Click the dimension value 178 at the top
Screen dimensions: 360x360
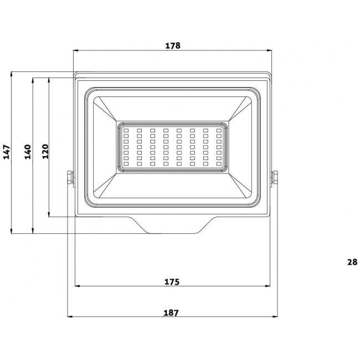point(173,46)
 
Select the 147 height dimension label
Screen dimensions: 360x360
point(7,152)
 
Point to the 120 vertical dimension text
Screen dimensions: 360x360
point(45,151)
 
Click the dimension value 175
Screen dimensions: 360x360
point(172,282)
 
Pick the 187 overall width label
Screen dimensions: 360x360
point(172,313)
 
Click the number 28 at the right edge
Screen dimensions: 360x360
point(352,263)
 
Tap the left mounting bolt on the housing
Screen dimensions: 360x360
point(69,178)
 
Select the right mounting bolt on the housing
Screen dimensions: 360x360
point(275,178)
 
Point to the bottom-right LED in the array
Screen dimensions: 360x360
point(219,164)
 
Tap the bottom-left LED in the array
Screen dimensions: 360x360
point(126,164)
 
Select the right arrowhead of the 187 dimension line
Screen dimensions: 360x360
point(274,317)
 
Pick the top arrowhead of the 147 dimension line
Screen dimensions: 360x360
point(12,74)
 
